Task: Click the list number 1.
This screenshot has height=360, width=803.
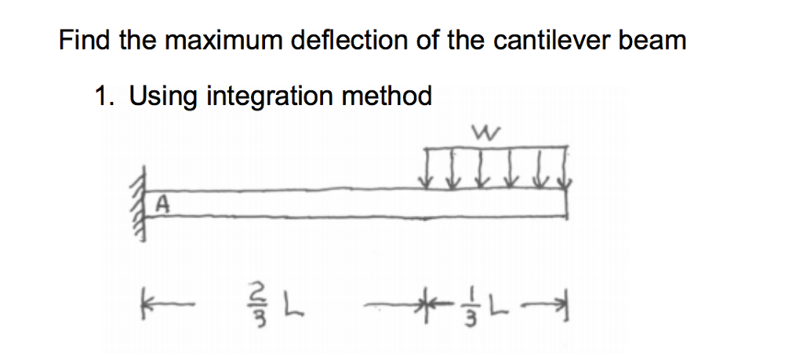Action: [99, 96]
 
